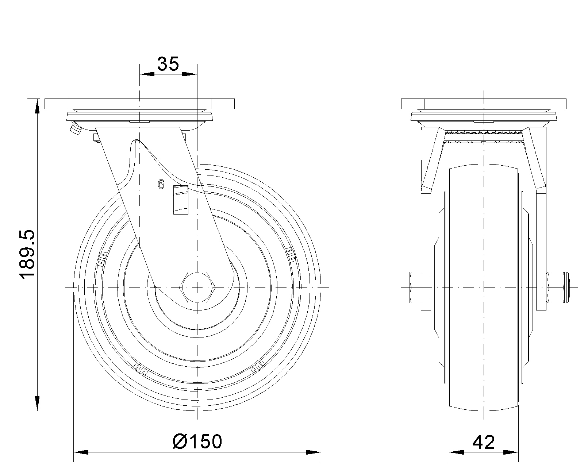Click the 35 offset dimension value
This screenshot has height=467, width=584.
coord(168,64)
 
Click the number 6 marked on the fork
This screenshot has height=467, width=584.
coord(161,185)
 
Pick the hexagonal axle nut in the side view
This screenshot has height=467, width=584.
coord(197,287)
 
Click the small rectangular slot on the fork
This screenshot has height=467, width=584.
coord(181,200)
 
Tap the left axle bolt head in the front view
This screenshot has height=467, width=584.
coord(415,287)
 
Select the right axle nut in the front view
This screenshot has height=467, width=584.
coord(558,287)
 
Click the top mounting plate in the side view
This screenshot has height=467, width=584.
coord(139,104)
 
